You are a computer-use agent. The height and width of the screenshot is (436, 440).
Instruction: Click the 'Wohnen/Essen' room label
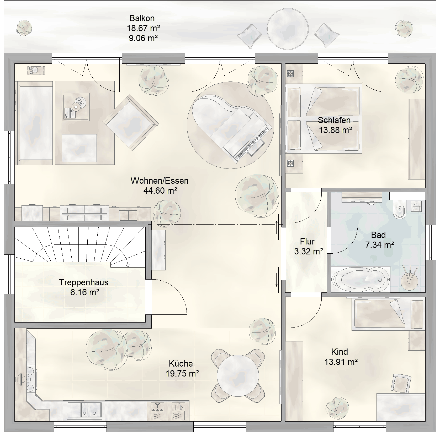[x=160, y=181]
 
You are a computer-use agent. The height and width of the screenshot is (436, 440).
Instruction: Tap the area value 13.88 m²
[x=335, y=130]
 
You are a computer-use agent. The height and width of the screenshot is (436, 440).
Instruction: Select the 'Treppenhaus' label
[x=84, y=282]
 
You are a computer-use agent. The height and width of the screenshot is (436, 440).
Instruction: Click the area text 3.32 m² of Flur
[x=308, y=252]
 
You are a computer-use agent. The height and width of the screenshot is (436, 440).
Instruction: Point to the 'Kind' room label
[x=340, y=352]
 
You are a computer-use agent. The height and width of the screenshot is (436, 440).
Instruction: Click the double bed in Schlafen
[x=324, y=118]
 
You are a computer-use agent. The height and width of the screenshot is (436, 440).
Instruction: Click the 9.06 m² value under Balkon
[x=143, y=38]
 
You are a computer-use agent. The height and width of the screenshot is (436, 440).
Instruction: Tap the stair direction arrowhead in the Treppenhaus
[x=128, y=266]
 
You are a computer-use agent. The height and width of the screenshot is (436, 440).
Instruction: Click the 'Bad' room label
[x=378, y=235]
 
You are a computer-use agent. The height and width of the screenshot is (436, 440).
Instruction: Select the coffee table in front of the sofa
[x=76, y=107]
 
